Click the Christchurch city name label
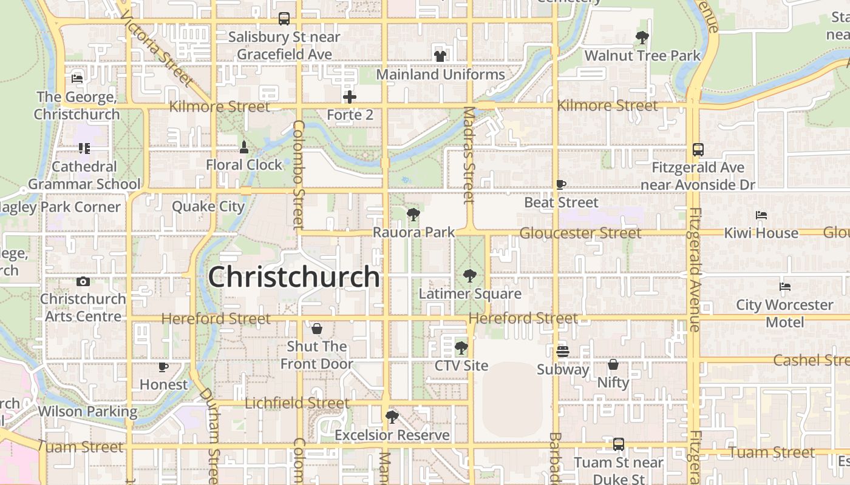294,277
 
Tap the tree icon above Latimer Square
469,276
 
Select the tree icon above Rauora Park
413,214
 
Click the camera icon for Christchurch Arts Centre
83,281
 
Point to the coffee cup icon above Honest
163,367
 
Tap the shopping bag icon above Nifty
613,364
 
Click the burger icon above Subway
563,352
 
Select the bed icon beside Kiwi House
761,215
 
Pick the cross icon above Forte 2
350,97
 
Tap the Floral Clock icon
244,147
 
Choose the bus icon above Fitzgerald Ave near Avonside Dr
698,150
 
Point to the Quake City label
208,207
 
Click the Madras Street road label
469,155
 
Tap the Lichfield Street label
297,403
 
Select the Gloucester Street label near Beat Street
580,233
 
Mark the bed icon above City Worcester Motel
785,287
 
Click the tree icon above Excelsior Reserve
392,417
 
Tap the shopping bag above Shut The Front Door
316,329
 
